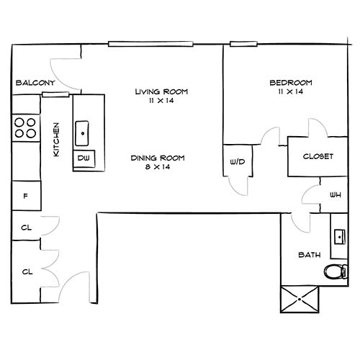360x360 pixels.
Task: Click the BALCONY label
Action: pos(35,83)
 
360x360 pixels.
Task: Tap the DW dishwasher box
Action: pos(84,158)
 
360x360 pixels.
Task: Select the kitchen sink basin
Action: pos(82,133)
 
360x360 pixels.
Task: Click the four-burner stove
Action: pos(26,127)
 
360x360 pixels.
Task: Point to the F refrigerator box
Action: pos(27,196)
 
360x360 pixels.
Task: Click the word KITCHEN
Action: pos(56,140)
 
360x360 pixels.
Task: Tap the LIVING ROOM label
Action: pos(161,91)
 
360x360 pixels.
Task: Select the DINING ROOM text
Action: pos(158,158)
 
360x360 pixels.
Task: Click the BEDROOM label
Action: pos(291,83)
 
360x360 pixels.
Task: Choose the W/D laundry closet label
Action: pos(238,162)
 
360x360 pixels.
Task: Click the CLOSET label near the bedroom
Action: pos(318,156)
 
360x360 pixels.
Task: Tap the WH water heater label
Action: pos(336,195)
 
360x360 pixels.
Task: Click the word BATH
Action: pos(310,255)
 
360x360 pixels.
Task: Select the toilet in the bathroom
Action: pos(336,271)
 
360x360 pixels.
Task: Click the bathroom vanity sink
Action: pos(340,237)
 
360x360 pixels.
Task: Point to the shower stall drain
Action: pos(300,300)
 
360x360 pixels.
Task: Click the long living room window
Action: pos(150,44)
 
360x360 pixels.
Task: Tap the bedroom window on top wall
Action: pos(243,44)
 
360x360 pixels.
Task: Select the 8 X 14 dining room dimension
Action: pos(158,167)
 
